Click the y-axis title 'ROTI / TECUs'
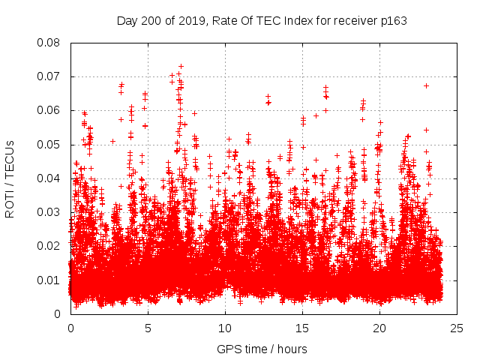10,178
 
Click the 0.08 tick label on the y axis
49,43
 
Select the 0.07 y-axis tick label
49,76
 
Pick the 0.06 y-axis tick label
49,110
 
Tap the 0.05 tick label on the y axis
49,145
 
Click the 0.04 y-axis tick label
49,178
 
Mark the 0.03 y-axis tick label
49,212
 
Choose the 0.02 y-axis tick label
49,246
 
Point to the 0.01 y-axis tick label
49,280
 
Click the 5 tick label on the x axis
148,328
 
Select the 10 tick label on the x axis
225,328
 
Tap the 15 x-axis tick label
302,328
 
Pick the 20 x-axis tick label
379,328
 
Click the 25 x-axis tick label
457,328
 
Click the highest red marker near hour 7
181,66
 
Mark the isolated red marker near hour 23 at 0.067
426,85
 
